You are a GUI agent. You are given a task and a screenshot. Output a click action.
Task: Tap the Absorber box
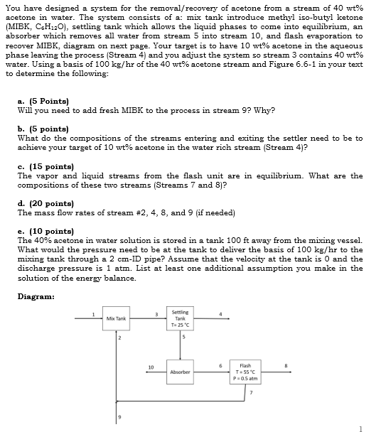[179, 371]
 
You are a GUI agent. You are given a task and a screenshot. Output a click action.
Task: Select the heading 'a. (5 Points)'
[43, 102]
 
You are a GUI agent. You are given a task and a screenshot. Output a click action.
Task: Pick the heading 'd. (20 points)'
[43, 202]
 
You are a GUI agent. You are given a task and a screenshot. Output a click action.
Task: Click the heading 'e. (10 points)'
[43, 230]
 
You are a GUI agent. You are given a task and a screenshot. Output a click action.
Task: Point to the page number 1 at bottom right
[362, 427]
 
